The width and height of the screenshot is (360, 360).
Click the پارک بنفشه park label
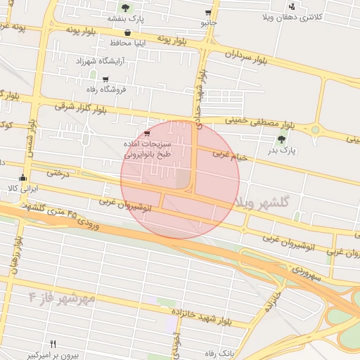pyautogui.click(x=125, y=19)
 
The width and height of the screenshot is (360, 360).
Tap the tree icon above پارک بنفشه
pyautogui.click(x=125, y=8)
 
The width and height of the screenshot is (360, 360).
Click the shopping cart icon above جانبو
pyautogui.click(x=208, y=13)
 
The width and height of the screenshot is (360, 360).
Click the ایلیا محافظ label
pyautogui.click(x=127, y=43)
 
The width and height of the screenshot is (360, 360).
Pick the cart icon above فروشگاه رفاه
pyautogui.click(x=105, y=79)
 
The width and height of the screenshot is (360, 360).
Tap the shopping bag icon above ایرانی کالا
pyautogui.click(x=23, y=178)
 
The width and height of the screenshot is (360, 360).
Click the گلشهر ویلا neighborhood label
pyautogui.click(x=263, y=202)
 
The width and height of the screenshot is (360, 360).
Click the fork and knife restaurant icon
pyautogui.click(x=53, y=343)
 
